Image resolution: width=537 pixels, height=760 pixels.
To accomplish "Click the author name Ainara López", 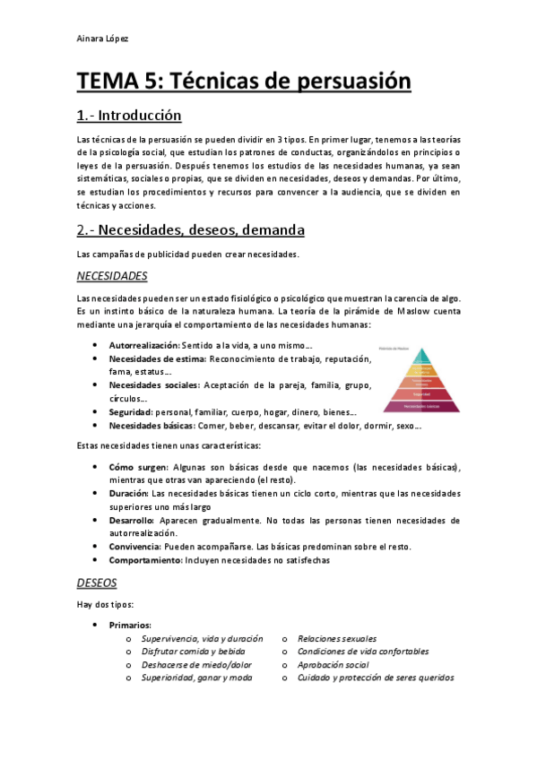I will tap(102, 39).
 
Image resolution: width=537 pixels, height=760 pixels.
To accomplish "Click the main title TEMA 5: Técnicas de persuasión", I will tap(244, 82).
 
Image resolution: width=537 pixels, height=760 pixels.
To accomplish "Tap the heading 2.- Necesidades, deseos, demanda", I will tap(190, 230).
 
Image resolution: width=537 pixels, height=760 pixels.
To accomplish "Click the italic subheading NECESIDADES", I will tap(112, 275).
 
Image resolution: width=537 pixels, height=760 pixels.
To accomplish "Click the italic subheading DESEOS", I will tap(97, 582).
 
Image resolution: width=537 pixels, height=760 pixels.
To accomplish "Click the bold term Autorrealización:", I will tap(143, 345).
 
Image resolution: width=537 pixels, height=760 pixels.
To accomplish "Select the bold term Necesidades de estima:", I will tap(157, 358).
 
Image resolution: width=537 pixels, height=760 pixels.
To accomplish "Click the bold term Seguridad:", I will tap(130, 412).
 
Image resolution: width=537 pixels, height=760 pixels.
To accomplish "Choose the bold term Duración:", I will tap(129, 494).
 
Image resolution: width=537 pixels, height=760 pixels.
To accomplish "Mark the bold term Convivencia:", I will tap(134, 546).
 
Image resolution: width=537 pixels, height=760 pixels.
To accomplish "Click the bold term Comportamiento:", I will tap(144, 559).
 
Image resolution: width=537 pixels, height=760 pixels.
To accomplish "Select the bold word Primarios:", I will tap(130, 625).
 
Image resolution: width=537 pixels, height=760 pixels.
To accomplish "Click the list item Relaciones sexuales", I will tap(336, 638).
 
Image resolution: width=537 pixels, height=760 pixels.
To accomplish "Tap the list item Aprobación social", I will tap(333, 664).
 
